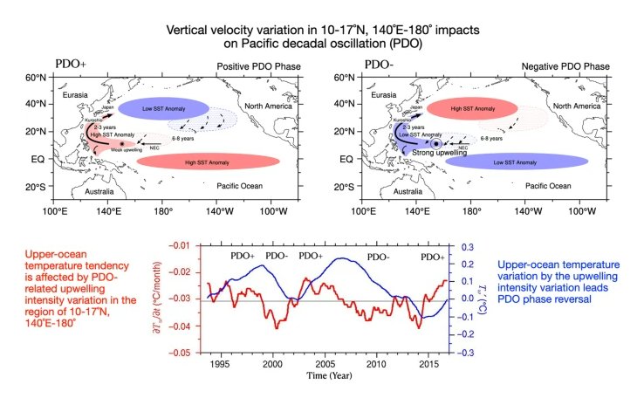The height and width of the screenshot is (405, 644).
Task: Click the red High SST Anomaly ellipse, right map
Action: tap(473, 108)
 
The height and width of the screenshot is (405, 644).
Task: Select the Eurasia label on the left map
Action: tap(78, 93)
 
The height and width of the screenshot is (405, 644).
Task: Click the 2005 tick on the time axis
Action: tap(325, 362)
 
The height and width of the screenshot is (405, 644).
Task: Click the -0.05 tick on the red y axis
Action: tap(186, 353)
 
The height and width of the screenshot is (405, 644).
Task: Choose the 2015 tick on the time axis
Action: tap(428, 362)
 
